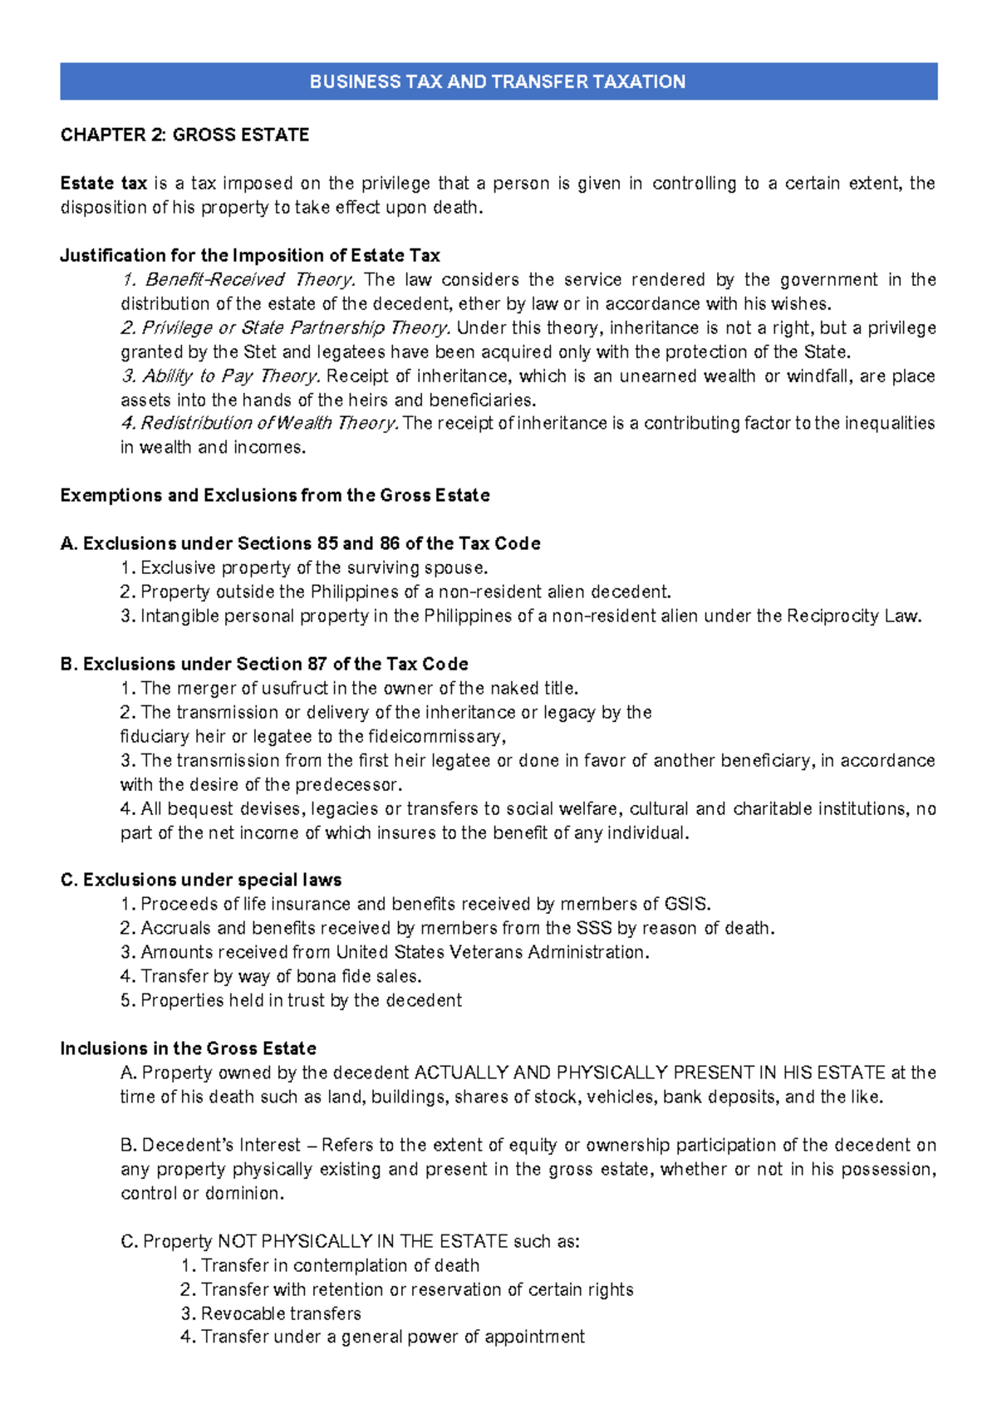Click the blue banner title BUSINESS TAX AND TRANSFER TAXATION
[x=498, y=81]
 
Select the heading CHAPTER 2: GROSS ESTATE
[x=184, y=135]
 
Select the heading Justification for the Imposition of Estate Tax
[x=250, y=255]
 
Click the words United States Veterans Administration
[x=491, y=952]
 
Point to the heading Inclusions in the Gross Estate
[x=189, y=1048]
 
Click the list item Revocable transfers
[x=281, y=1313]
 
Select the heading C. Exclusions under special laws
[x=201, y=880]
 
